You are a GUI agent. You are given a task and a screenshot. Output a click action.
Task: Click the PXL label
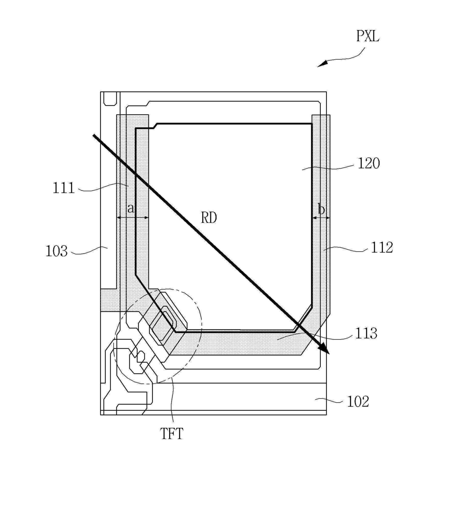point(368,36)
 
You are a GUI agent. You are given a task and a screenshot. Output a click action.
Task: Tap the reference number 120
point(368,163)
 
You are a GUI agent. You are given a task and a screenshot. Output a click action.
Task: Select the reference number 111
point(64,188)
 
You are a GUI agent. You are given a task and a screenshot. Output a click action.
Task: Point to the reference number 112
point(382,247)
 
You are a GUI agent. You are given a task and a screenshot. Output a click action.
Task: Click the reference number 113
point(366,333)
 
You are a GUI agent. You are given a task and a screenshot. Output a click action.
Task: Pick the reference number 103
point(56,251)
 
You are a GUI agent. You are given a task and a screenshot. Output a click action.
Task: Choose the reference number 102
point(358,402)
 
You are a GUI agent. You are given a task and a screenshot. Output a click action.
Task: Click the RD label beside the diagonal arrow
point(209,218)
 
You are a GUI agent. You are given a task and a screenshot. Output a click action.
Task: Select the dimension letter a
point(130,208)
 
